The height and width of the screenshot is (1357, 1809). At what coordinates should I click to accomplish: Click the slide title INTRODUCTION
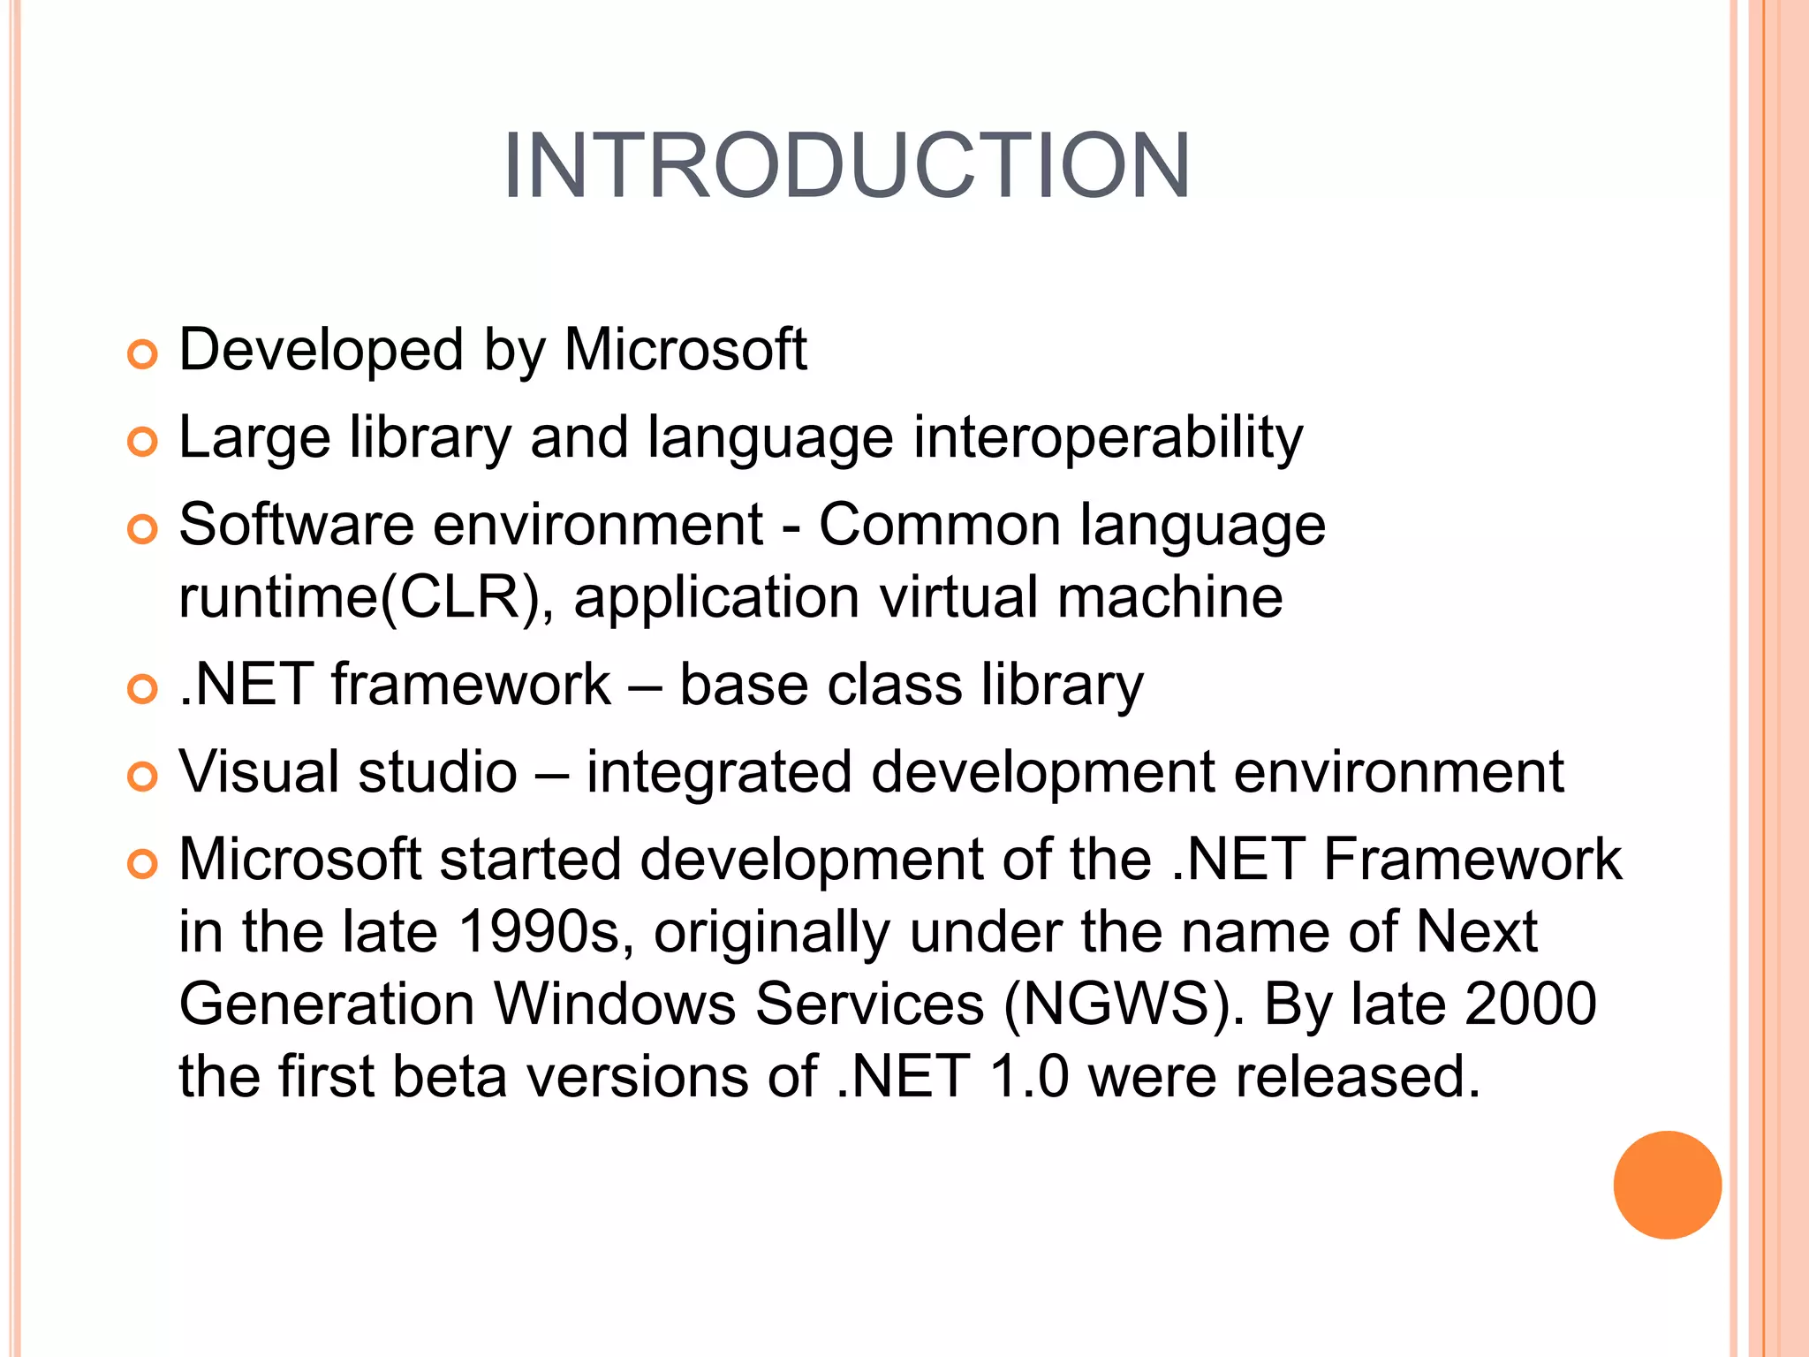click(x=846, y=166)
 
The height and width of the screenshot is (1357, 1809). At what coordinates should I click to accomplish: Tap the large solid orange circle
click(x=1667, y=1185)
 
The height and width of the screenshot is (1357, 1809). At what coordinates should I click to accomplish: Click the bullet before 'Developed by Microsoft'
click(x=141, y=354)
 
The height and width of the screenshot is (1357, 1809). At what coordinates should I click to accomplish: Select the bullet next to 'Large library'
click(x=141, y=441)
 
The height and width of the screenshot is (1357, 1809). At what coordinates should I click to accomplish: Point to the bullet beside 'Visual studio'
click(x=141, y=777)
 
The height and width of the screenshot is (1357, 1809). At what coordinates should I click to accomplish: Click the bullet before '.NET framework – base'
click(x=141, y=688)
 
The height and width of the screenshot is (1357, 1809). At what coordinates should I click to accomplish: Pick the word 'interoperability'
click(x=1108, y=438)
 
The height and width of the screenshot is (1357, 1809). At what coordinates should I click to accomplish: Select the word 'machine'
click(x=1169, y=597)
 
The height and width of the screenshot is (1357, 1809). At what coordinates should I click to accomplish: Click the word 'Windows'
click(x=614, y=1004)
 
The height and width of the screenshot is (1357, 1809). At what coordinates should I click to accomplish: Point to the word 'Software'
click(x=296, y=525)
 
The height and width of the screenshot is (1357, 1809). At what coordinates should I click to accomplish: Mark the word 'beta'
click(x=450, y=1077)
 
